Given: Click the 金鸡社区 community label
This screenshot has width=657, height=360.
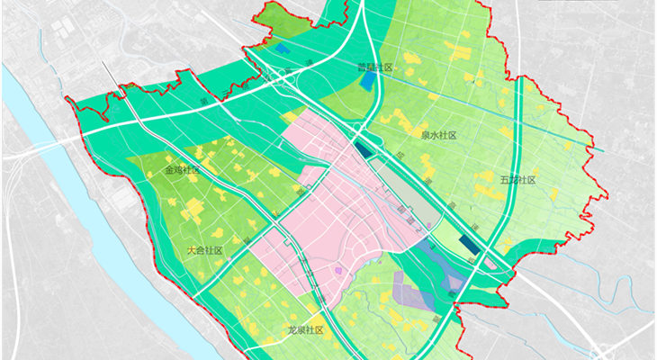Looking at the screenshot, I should [x=182, y=170].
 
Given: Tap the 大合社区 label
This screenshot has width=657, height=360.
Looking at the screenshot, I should [x=204, y=250].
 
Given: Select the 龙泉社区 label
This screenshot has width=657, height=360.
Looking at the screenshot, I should [x=305, y=330].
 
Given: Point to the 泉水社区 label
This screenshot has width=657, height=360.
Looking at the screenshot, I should [x=439, y=135].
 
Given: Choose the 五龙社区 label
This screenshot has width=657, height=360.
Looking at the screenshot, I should [x=517, y=180].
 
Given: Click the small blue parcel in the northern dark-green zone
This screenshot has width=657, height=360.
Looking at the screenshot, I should [x=283, y=49].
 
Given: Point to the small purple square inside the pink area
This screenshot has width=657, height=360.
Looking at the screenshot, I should [x=338, y=269].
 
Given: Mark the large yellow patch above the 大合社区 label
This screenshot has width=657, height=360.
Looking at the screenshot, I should [x=193, y=211].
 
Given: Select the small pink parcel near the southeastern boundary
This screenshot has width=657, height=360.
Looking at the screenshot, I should [x=490, y=264].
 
